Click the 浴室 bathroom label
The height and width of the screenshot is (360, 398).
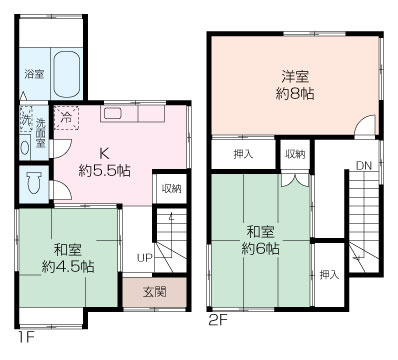pos(34,74)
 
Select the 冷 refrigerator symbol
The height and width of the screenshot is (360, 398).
pos(66,115)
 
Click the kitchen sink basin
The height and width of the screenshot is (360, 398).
pos(112,114)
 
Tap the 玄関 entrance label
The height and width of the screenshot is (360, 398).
pos(155,291)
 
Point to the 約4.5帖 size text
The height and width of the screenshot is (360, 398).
pos(68,267)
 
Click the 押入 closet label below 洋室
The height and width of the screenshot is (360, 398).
pos(243,154)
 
